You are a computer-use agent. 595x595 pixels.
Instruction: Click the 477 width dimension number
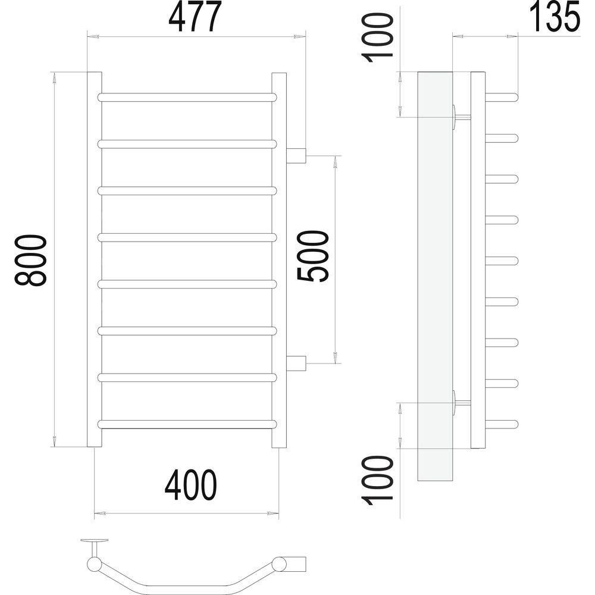coord(195,17)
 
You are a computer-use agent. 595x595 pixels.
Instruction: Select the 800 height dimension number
coord(30,260)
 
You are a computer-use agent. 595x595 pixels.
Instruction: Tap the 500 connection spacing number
coord(312,256)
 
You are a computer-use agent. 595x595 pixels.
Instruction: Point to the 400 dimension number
coord(191,485)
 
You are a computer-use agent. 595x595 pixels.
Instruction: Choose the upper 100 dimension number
coord(377,37)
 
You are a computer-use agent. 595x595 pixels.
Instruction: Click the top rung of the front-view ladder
coord(187,97)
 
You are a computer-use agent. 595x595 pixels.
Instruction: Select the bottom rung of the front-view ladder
coord(187,424)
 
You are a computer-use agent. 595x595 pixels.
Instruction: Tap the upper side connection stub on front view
coord(296,155)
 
